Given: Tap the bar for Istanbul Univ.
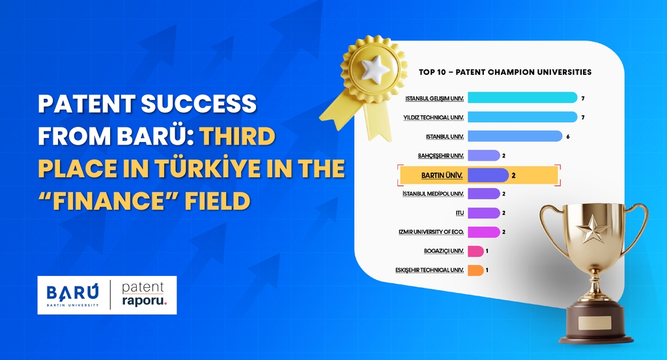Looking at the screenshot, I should (515, 136).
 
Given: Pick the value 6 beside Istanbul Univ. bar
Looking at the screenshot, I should (568, 136).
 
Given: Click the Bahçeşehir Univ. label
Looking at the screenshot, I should (440, 156).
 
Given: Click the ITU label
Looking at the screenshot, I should (460, 213).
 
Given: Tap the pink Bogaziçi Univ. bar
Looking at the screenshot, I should (475, 251).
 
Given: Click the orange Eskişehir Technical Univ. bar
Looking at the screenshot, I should (475, 270).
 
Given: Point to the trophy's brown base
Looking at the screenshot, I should (595, 326).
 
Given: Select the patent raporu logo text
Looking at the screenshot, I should (144, 295).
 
